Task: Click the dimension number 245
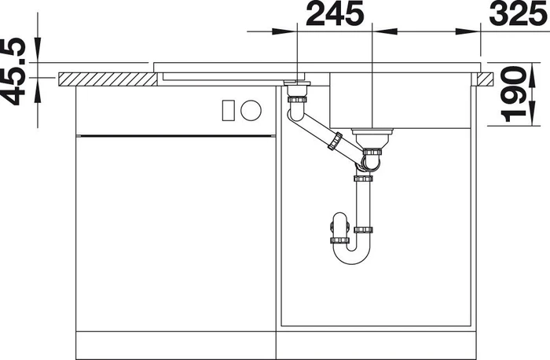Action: (335, 13)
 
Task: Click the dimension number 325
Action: (519, 13)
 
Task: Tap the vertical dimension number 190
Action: (514, 94)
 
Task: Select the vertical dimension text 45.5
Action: (13, 72)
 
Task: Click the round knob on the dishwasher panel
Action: (251, 110)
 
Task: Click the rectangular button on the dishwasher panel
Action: (229, 110)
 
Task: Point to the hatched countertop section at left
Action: (108, 79)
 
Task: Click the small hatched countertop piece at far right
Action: (485, 79)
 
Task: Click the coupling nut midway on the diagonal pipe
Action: (335, 141)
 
